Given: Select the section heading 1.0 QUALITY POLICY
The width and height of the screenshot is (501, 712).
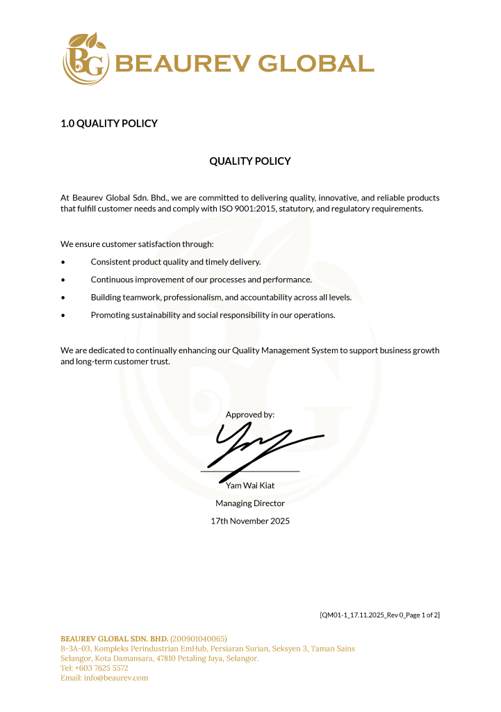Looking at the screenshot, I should coord(109,124).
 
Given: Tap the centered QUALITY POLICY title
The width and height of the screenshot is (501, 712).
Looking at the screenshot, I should coord(250,161).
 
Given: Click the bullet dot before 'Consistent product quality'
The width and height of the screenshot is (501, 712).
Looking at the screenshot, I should coord(63,262).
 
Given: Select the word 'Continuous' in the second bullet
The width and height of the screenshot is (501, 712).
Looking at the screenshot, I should coord(111,280).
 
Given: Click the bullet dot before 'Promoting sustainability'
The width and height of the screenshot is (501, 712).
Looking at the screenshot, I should coord(63,316).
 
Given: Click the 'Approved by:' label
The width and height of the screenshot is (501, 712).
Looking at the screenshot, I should coord(250,414).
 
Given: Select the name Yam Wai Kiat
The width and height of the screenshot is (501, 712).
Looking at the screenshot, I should coord(250,485).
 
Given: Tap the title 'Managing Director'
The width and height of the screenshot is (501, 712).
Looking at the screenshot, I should coord(250,503).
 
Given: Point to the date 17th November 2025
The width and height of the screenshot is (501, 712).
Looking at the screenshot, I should coord(250,521).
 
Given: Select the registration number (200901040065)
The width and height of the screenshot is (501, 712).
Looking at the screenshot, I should coord(199,638).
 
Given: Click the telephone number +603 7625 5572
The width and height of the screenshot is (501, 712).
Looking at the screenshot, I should coord(101,667).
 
